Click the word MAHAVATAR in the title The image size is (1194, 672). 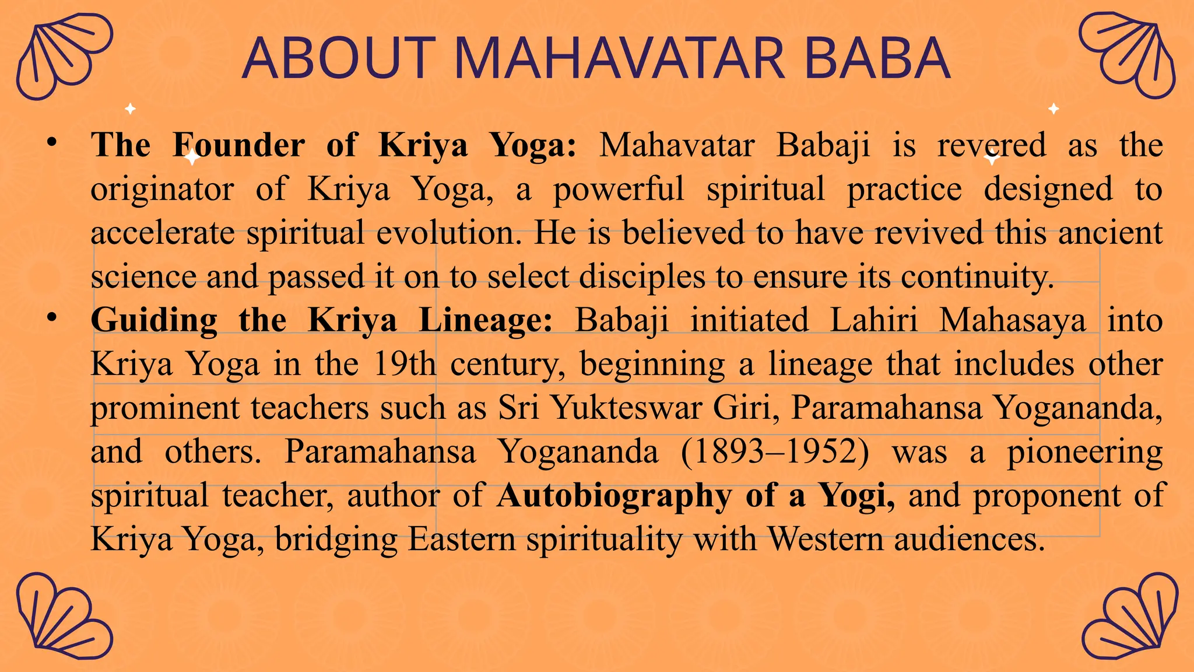click(x=620, y=58)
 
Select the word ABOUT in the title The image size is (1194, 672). click(x=339, y=58)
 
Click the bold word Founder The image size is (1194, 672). click(x=238, y=145)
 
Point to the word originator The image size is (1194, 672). click(x=162, y=189)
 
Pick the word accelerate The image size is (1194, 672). click(x=162, y=233)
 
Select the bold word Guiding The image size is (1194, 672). click(x=154, y=320)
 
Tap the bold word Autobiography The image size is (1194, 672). click(x=614, y=495)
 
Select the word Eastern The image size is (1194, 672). click(x=461, y=539)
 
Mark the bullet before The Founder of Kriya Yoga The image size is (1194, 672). click(x=52, y=142)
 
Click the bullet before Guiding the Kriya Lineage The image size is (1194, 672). click(x=52, y=317)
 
